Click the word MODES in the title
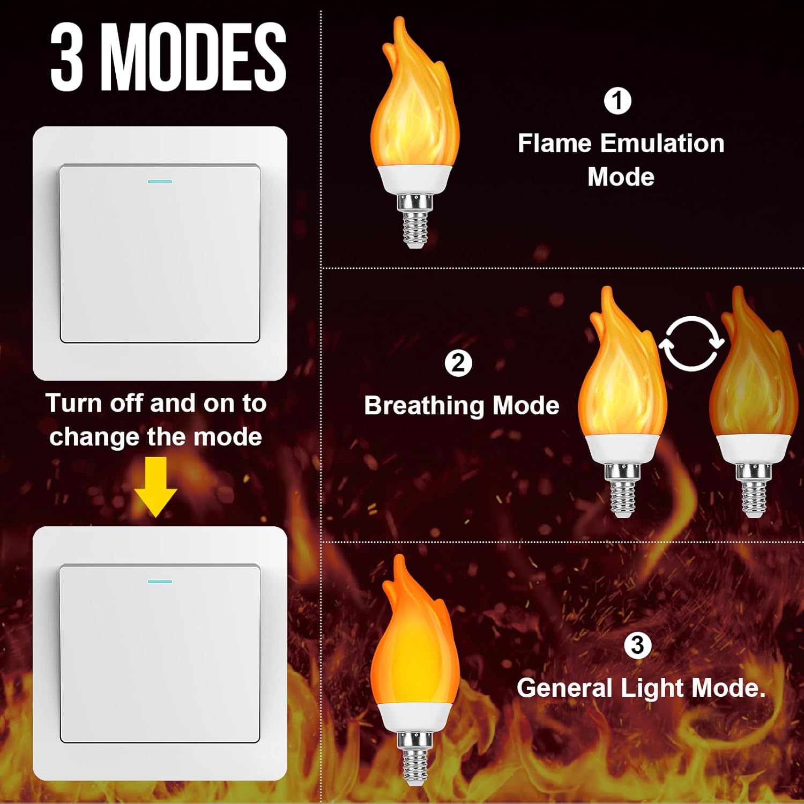click(194, 57)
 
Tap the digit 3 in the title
click(66, 57)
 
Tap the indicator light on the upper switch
click(160, 182)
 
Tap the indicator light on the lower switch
click(160, 582)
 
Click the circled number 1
click(617, 101)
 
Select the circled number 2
click(458, 363)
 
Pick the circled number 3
click(637, 645)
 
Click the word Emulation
click(662, 144)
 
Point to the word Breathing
click(425, 406)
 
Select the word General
click(564, 688)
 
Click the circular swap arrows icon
click(691, 344)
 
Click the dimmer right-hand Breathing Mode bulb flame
click(753, 375)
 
